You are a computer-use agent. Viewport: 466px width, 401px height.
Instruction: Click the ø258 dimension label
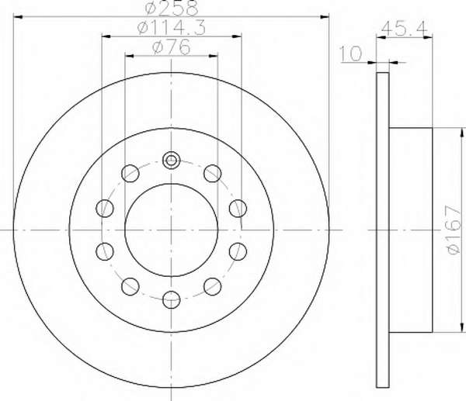click(172, 8)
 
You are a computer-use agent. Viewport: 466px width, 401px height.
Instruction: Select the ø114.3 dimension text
click(172, 28)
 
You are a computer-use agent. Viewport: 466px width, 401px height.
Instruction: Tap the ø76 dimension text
click(171, 47)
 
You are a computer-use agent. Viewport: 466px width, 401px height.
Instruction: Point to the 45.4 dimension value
click(404, 28)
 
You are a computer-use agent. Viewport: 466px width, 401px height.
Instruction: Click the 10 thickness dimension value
click(351, 54)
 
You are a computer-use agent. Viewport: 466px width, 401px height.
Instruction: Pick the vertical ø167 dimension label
click(454, 230)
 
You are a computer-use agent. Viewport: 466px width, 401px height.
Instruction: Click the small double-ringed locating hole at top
click(171, 161)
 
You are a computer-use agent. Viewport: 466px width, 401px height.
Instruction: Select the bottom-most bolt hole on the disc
click(172, 299)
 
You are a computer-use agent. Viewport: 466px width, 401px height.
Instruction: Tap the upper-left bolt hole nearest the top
click(130, 173)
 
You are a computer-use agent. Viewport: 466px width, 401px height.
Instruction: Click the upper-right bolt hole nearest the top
click(213, 173)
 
